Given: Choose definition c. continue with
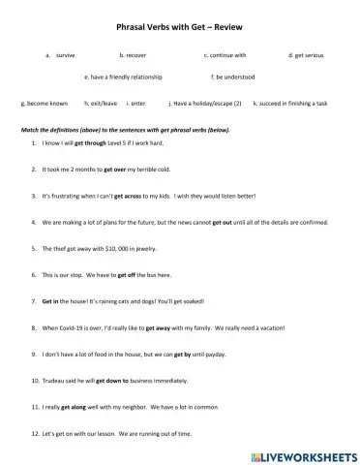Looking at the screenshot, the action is [225, 55].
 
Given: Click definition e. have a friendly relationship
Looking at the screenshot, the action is [124, 76].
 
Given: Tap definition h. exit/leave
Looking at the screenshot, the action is [101, 101].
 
